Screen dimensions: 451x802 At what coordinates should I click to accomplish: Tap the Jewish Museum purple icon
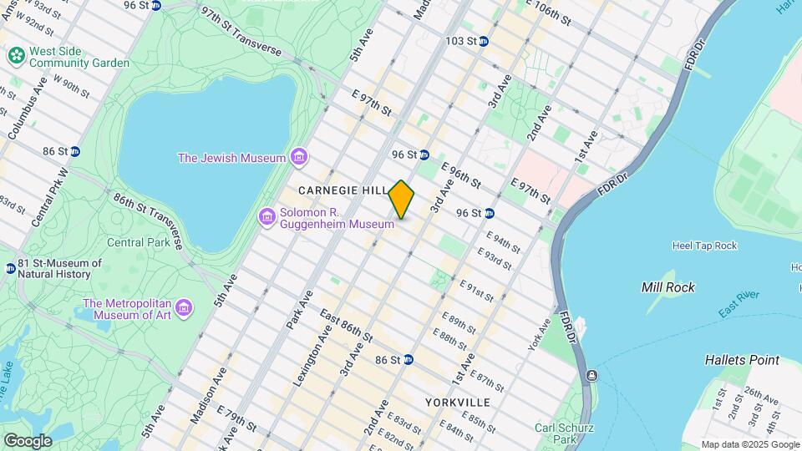298,157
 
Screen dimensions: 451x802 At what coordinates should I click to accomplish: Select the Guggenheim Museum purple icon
267,217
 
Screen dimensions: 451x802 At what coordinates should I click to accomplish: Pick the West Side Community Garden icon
16,56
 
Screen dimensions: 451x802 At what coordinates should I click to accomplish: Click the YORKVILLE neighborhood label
457,402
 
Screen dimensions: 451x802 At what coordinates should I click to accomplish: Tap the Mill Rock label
667,287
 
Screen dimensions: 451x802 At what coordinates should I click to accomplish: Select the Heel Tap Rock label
704,246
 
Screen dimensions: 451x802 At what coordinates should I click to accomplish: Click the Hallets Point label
742,360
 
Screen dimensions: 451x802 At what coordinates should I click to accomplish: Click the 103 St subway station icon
483,40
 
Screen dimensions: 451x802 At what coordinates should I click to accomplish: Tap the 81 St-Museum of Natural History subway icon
10,269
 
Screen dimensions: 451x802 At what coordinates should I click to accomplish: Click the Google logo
28,441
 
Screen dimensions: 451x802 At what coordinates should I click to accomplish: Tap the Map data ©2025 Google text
750,444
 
